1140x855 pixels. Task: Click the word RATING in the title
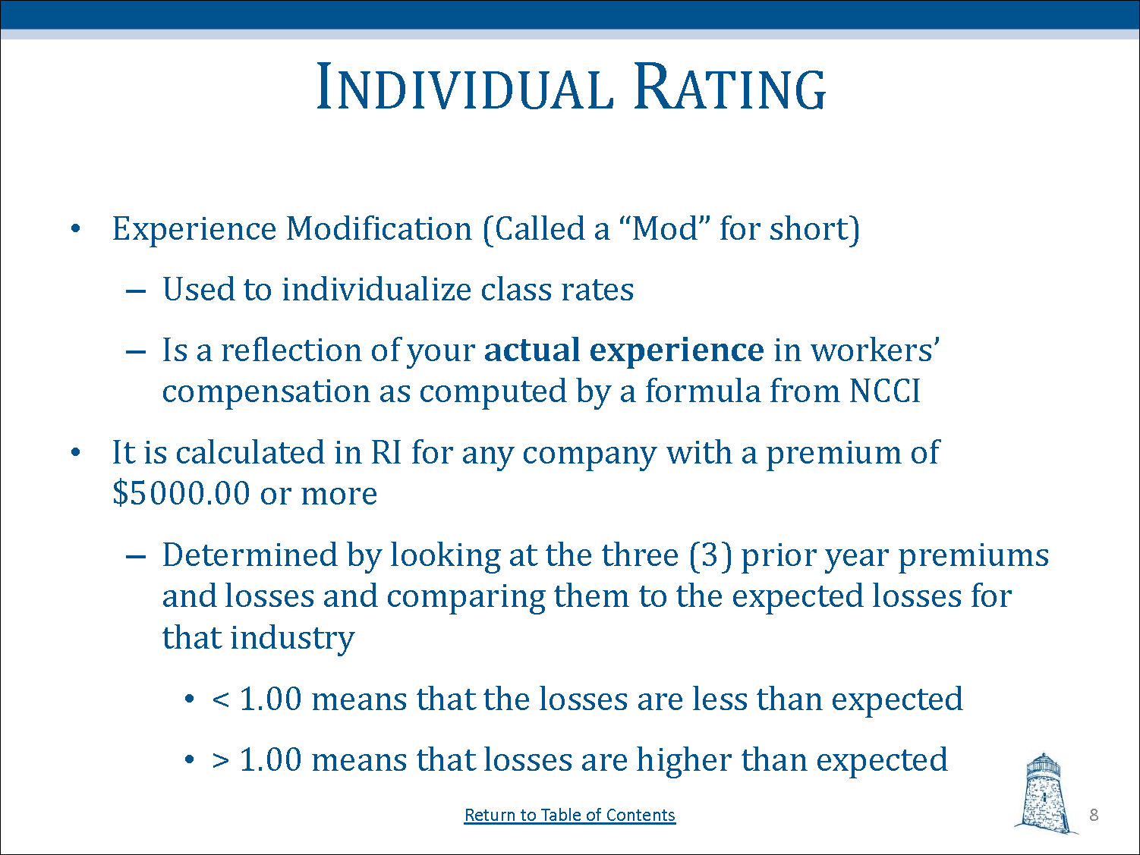[x=729, y=86]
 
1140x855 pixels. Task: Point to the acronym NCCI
[x=884, y=391]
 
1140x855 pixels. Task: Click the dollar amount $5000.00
[x=181, y=493]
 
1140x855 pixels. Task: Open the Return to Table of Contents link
[x=570, y=815]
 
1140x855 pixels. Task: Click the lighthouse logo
[x=1044, y=793]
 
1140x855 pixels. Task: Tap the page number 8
[x=1094, y=815]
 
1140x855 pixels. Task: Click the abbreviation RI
[x=386, y=453]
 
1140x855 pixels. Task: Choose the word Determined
[x=250, y=555]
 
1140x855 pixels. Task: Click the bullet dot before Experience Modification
[x=76, y=228]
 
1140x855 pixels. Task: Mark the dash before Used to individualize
[x=136, y=291]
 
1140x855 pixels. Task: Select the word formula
[x=703, y=391]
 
